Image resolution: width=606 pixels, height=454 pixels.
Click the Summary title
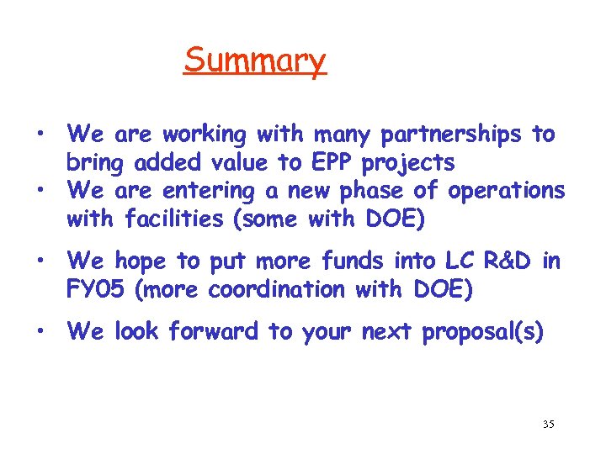[254, 61]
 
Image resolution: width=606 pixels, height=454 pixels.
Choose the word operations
[507, 192]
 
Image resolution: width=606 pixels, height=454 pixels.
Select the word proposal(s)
[482, 332]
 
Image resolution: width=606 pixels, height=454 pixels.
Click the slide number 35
[548, 425]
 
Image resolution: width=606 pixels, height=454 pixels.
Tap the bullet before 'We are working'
[39, 135]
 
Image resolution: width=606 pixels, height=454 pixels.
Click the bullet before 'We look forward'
[39, 331]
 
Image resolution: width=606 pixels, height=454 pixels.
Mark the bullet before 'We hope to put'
[39, 261]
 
